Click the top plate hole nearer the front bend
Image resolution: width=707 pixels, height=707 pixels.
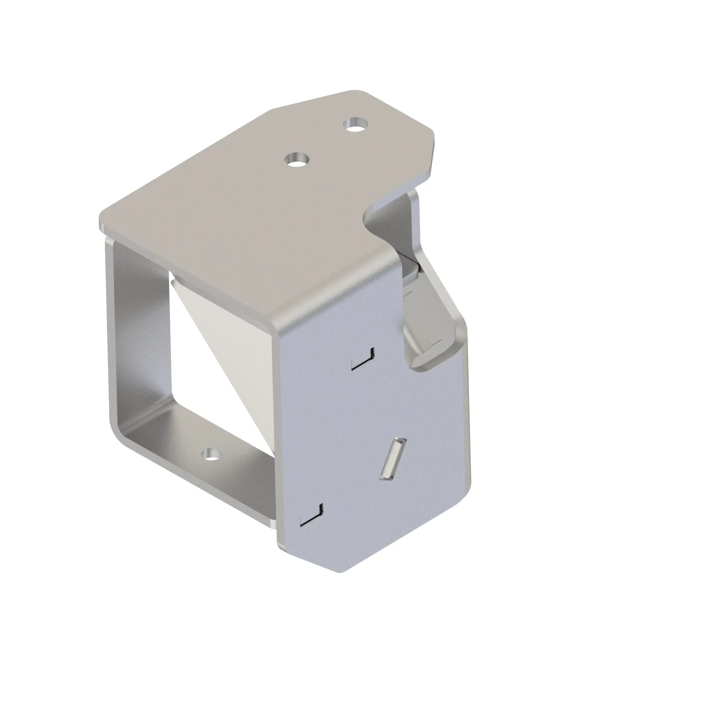[297, 159]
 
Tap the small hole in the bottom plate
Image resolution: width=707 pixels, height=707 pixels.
[212, 455]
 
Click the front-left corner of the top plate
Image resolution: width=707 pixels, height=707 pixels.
[104, 221]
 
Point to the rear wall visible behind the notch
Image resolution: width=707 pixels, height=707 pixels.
[395, 220]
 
